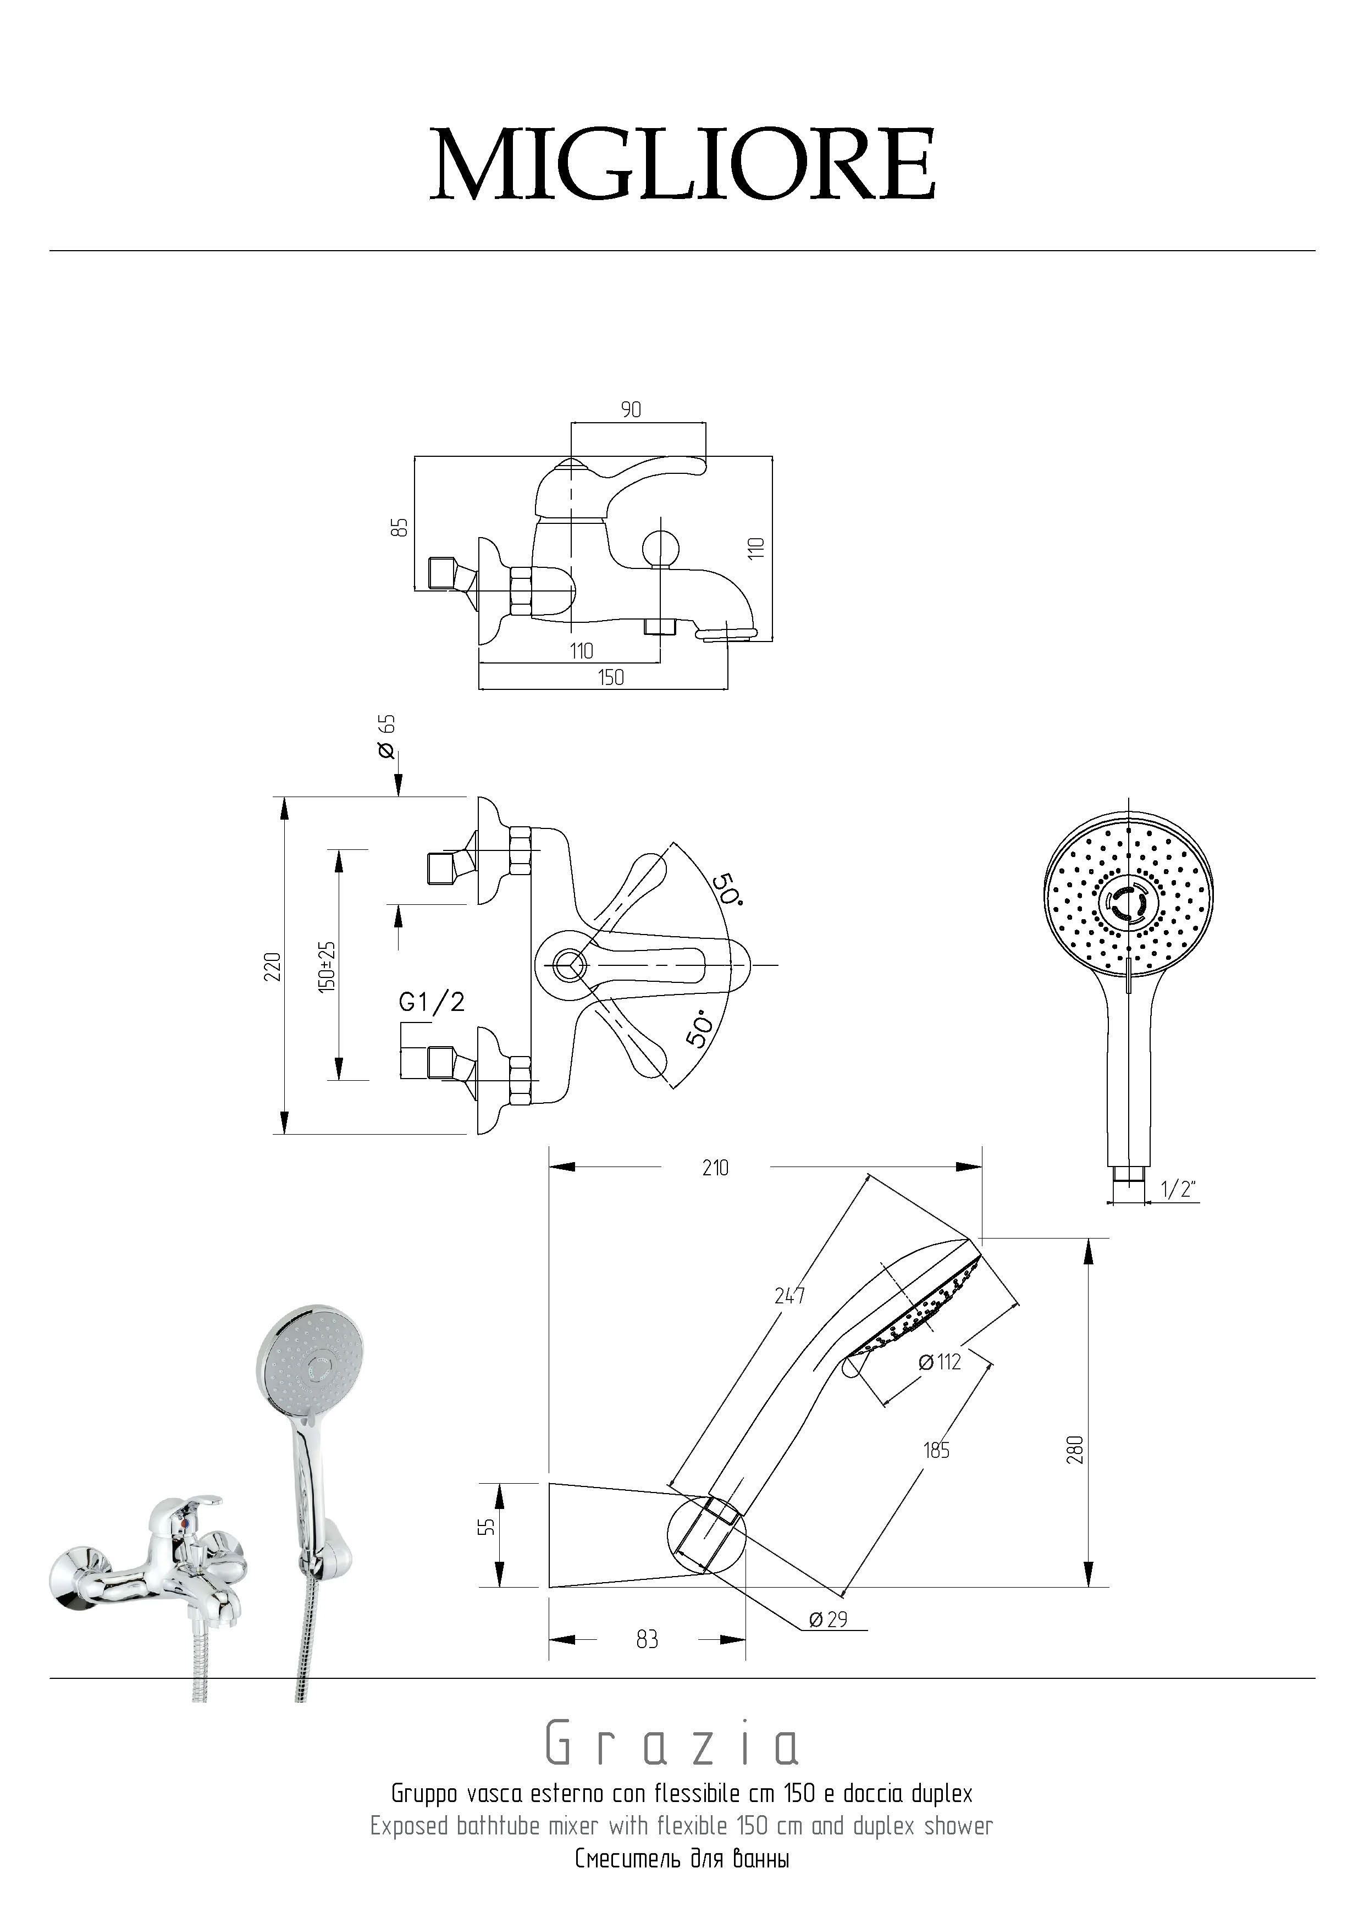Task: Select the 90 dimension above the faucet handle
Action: coord(631,409)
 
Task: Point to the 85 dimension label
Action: coord(402,527)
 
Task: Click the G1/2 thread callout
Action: coord(431,1002)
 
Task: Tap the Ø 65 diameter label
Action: coord(388,737)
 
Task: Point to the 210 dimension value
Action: coord(715,1167)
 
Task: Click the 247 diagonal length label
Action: coord(790,1296)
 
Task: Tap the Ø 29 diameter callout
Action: coord(828,1619)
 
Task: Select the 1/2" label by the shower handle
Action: coord(1178,1189)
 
